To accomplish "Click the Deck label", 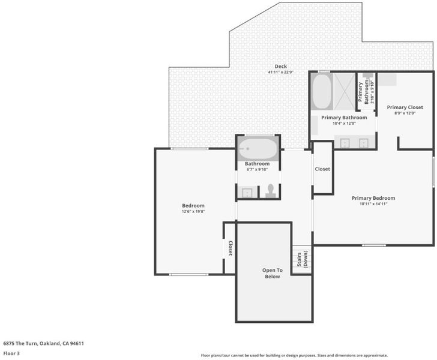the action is click(x=281, y=67).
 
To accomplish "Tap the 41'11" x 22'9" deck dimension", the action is click(x=281, y=72).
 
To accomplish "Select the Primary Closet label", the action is click(x=405, y=107).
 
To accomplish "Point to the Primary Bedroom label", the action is click(x=373, y=198).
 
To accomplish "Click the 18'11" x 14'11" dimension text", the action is click(x=373, y=204).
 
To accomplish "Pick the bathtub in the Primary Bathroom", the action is click(x=322, y=91).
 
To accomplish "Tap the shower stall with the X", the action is click(x=345, y=91).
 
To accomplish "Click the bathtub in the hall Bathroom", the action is click(x=258, y=149).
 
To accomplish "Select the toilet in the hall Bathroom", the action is click(x=271, y=191).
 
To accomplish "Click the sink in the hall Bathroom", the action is click(x=247, y=193).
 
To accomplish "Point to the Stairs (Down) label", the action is click(x=302, y=259).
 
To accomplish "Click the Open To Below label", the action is click(x=273, y=274).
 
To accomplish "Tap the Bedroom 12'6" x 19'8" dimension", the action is click(x=193, y=211).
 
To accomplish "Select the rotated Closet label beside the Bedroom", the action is click(x=231, y=248).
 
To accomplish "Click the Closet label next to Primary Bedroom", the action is click(x=322, y=169).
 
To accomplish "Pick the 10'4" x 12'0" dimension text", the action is click(x=344, y=124).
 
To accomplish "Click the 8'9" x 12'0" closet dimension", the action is click(x=405, y=113).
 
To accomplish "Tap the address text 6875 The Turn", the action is click(x=20, y=343).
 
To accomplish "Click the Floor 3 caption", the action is click(x=11, y=353).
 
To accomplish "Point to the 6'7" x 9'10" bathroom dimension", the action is click(x=257, y=169).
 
